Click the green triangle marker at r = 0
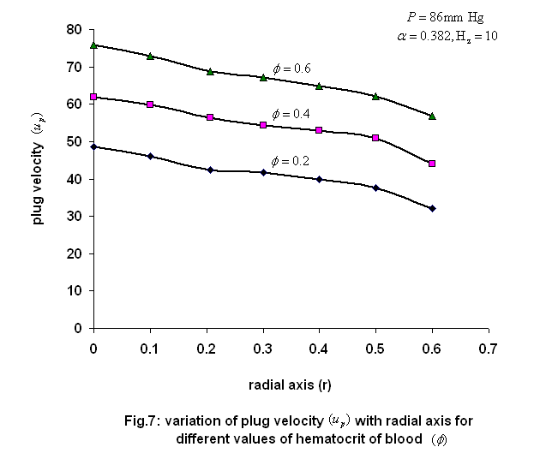pos(93,45)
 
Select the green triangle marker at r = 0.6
pos(432,116)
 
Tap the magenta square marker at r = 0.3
pos(263,125)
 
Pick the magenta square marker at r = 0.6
pos(432,163)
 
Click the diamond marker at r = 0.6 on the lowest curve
pos(432,208)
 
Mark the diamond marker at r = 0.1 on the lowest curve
pos(150,156)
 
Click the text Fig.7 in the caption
pos(142,420)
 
